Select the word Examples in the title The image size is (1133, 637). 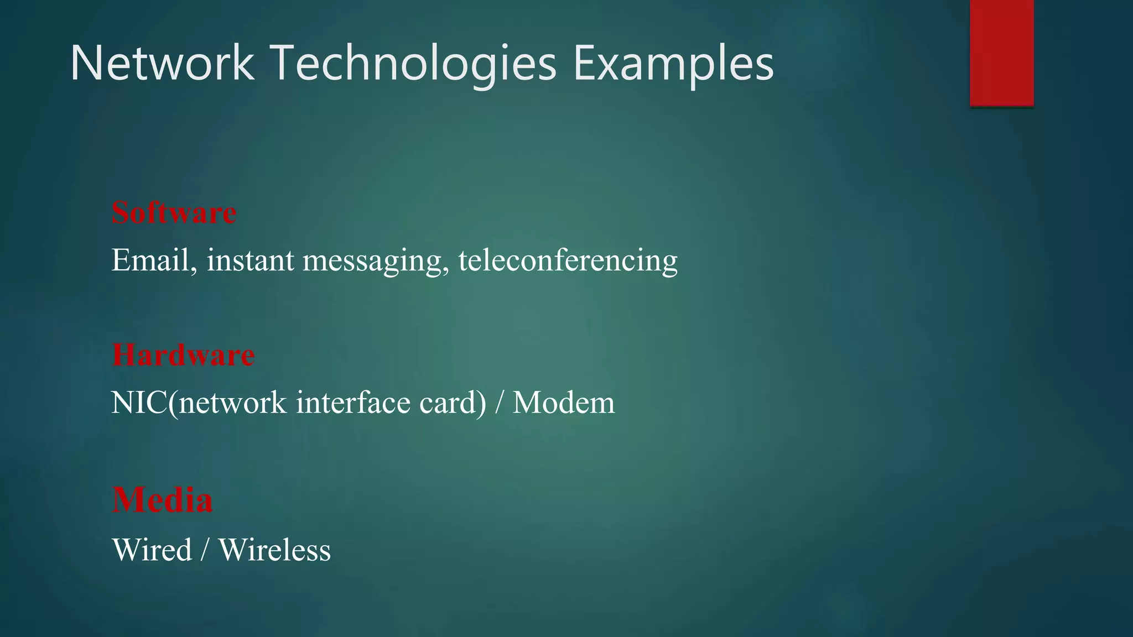[673, 65]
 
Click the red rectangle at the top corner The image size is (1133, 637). [1001, 53]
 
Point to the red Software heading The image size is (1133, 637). [174, 212]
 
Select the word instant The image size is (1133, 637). [250, 260]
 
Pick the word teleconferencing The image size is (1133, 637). [568, 260]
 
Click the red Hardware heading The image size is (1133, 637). [183, 354]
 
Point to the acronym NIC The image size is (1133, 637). [139, 403]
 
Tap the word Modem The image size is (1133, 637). [563, 403]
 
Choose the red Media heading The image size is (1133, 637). [162, 500]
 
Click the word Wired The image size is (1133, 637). [152, 550]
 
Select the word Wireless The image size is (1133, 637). [274, 550]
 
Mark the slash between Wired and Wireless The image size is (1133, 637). [205, 551]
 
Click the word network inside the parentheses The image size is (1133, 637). [232, 403]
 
